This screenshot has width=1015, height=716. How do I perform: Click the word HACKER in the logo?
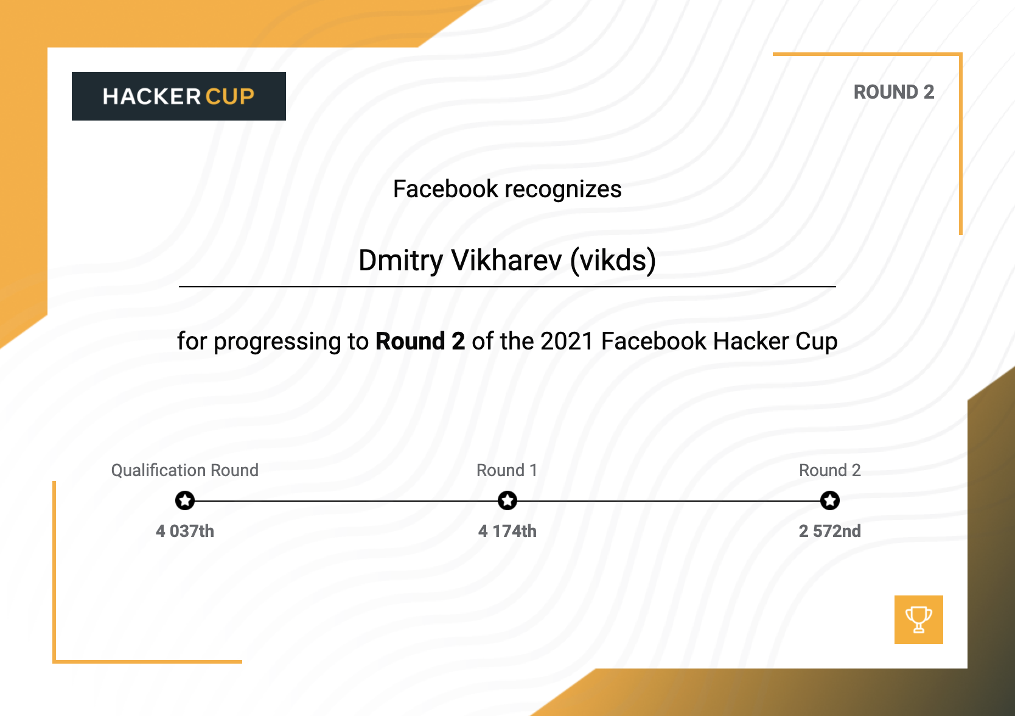(x=152, y=97)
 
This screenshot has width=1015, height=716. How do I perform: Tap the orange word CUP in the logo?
(x=230, y=97)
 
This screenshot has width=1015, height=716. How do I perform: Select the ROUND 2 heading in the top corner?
(x=893, y=92)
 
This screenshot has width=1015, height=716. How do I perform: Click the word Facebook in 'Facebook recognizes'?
(x=445, y=189)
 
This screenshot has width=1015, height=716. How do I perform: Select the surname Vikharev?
(x=506, y=261)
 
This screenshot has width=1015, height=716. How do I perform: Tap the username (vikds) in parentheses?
(x=613, y=261)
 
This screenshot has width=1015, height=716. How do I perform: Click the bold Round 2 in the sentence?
(x=420, y=342)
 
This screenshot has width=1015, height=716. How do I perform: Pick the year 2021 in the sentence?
(x=567, y=342)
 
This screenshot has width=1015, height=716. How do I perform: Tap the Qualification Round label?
(x=185, y=471)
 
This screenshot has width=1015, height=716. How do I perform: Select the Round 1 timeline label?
(x=507, y=470)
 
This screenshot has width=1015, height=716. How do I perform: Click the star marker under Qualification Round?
(x=185, y=500)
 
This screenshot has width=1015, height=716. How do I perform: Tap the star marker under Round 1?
(x=507, y=500)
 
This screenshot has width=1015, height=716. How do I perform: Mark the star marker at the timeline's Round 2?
(x=829, y=500)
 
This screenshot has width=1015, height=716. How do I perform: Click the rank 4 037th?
(x=185, y=531)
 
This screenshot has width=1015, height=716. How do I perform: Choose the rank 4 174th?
(x=507, y=531)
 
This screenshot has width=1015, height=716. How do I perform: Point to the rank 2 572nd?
(x=829, y=531)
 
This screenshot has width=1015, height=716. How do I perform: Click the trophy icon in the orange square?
(x=918, y=619)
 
